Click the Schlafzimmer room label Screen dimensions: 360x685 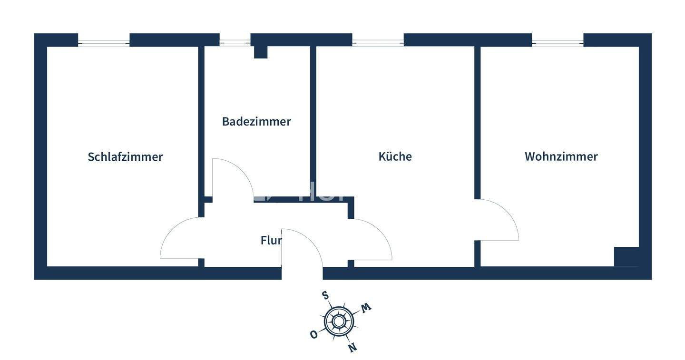(x=125, y=157)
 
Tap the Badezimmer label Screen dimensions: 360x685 (x=256, y=122)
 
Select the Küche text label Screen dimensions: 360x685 (x=395, y=156)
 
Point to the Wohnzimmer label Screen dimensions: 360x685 (x=561, y=156)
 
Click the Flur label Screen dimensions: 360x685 (x=271, y=240)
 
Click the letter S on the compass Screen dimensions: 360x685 (x=325, y=295)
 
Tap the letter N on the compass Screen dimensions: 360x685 (x=352, y=348)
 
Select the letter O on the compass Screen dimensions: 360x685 (x=313, y=335)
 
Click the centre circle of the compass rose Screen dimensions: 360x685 (x=338, y=321)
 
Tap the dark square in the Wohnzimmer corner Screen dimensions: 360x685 (x=626, y=257)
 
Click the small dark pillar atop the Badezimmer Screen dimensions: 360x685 (x=260, y=52)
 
